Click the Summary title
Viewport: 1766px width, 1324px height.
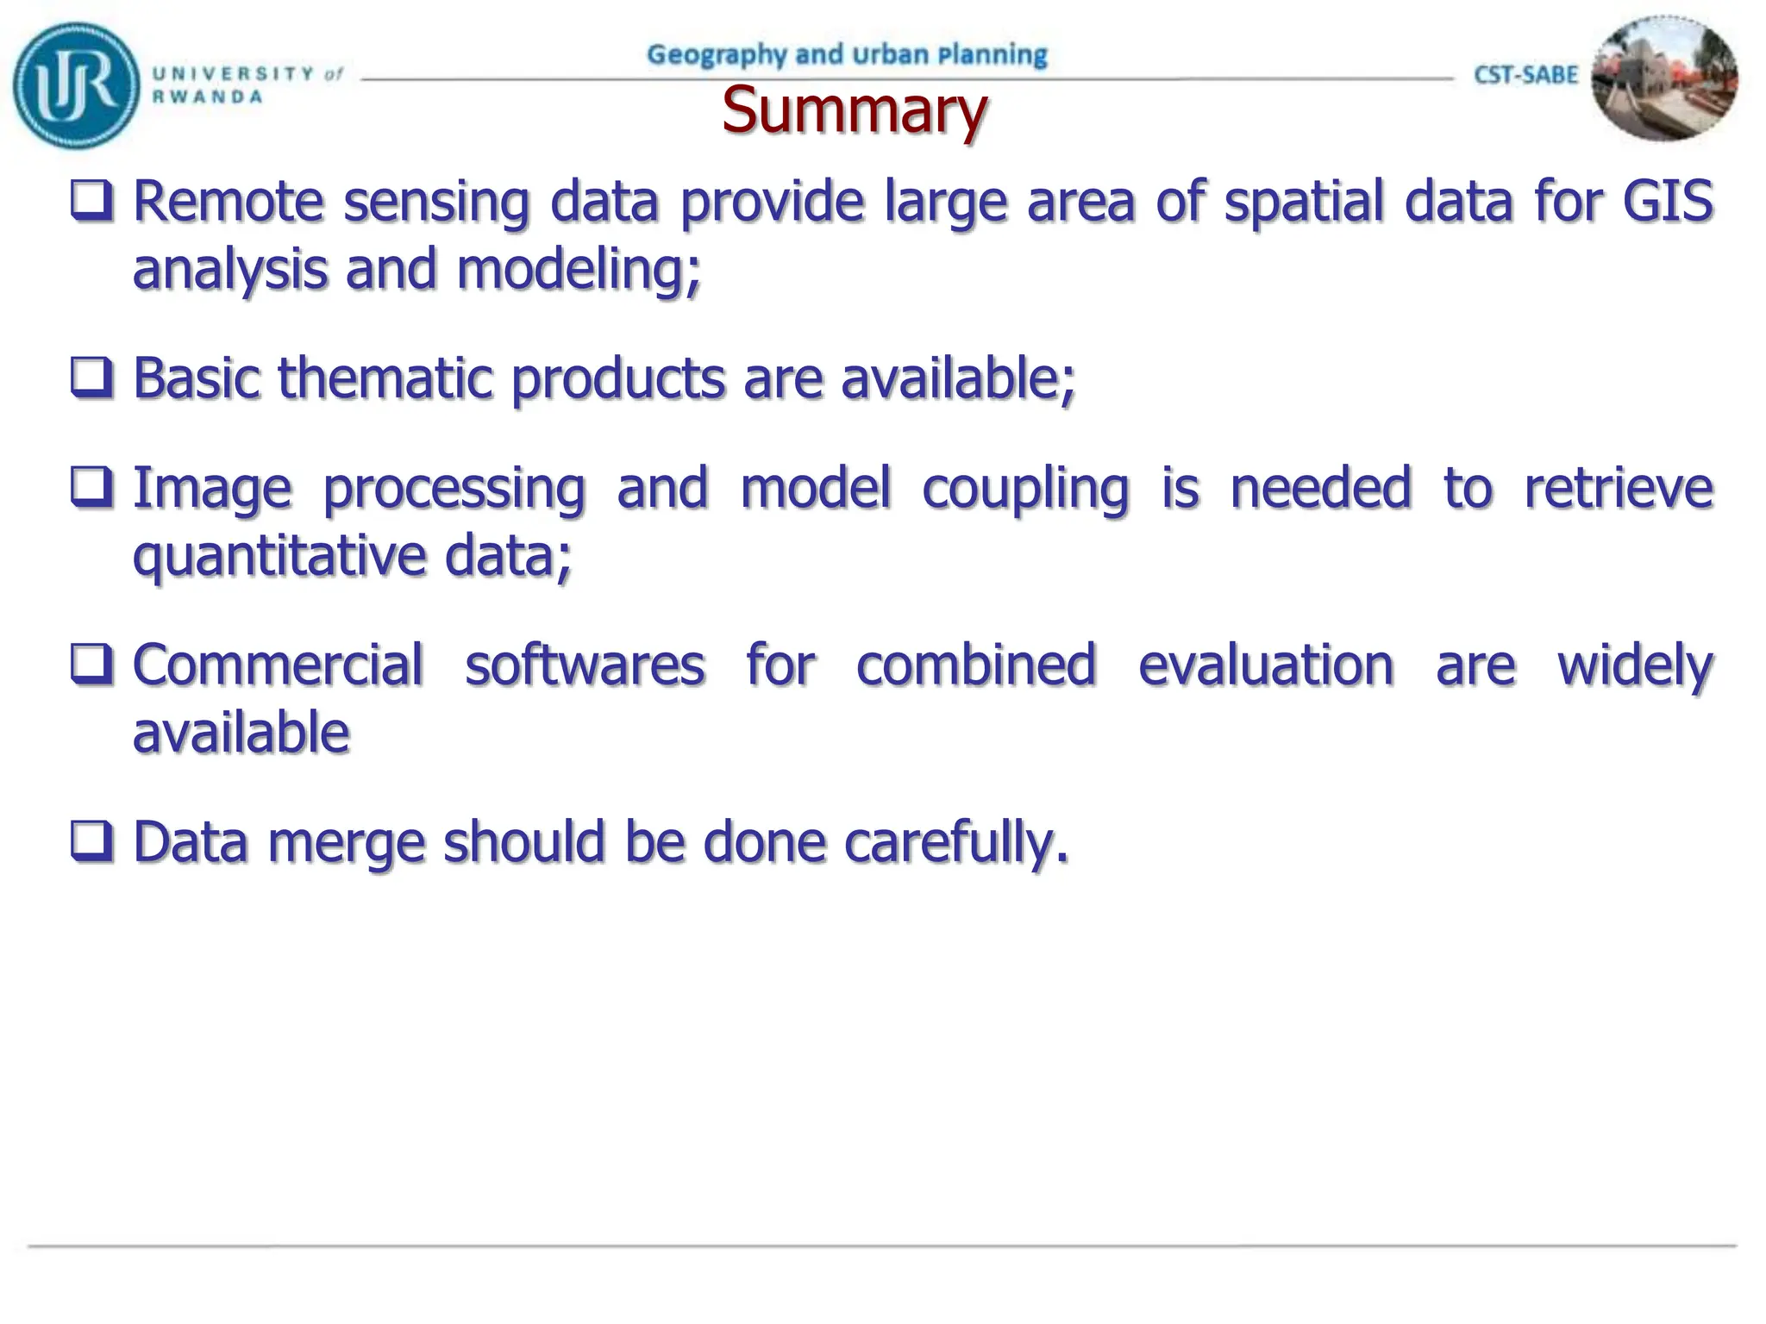click(854, 110)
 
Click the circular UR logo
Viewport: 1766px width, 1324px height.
click(75, 85)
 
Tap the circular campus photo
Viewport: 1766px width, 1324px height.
click(1663, 78)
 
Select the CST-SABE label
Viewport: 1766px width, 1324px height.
click(1525, 75)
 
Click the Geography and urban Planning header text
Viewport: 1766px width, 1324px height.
click(847, 54)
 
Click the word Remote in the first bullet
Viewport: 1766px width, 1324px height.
click(228, 201)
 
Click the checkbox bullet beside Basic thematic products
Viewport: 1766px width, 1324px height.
click(91, 378)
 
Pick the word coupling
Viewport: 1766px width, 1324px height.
click(1024, 489)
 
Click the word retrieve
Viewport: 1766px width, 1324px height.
click(1618, 489)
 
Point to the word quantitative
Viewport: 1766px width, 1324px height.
click(278, 557)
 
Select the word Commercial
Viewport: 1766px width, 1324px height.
click(278, 665)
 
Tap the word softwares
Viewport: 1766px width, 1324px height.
click(585, 665)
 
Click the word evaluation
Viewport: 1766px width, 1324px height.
click(1265, 665)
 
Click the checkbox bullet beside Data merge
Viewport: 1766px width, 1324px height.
click(91, 841)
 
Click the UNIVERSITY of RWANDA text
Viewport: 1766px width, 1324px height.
click(247, 84)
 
